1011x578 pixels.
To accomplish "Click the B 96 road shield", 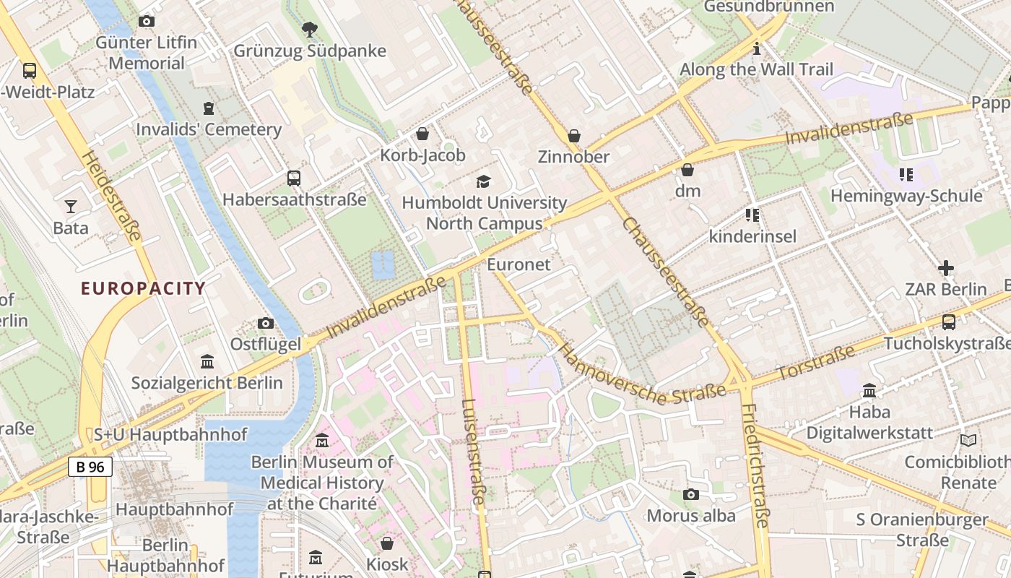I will coord(90,467).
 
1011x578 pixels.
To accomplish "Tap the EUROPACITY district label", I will coord(143,288).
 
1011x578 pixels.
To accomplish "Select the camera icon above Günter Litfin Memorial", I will coord(147,22).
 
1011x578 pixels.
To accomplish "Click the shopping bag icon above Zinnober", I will coord(574,136).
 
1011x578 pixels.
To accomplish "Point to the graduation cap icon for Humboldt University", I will coord(483,181).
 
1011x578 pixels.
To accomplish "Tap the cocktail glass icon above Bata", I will coord(70,207).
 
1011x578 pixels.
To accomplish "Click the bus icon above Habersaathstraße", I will coord(294,178).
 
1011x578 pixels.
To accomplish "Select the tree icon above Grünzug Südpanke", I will coord(310,30).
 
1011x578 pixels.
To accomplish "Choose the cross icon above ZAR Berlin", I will coord(946,268).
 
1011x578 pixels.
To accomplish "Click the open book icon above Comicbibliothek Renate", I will coord(968,440).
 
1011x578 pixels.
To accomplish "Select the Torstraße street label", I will coord(815,365).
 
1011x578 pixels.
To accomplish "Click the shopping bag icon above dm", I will coord(687,170).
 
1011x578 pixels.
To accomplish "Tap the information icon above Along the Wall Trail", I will coord(756,48).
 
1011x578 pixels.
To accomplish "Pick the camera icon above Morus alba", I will coord(691,494).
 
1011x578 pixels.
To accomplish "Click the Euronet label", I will coord(518,264).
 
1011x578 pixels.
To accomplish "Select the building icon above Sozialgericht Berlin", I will coord(207,361).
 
